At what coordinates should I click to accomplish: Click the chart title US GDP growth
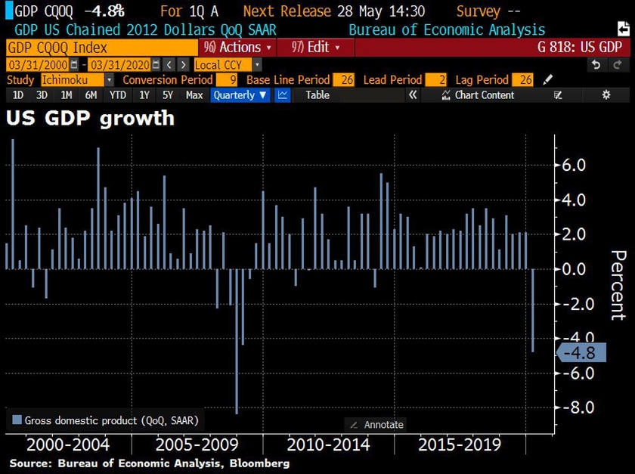point(91,119)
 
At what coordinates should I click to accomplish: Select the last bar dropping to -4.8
point(533,310)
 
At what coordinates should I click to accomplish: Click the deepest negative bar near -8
point(236,340)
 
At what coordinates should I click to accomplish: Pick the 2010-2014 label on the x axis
point(328,444)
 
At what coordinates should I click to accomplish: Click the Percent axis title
point(618,285)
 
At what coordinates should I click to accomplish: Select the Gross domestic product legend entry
point(106,420)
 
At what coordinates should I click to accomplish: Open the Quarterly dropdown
point(240,95)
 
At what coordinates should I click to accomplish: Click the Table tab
point(317,95)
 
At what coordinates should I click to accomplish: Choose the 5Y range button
point(168,95)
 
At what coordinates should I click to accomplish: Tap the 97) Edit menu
point(314,47)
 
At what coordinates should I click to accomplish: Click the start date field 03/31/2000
point(28,64)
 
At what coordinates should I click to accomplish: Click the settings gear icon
point(606,95)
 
